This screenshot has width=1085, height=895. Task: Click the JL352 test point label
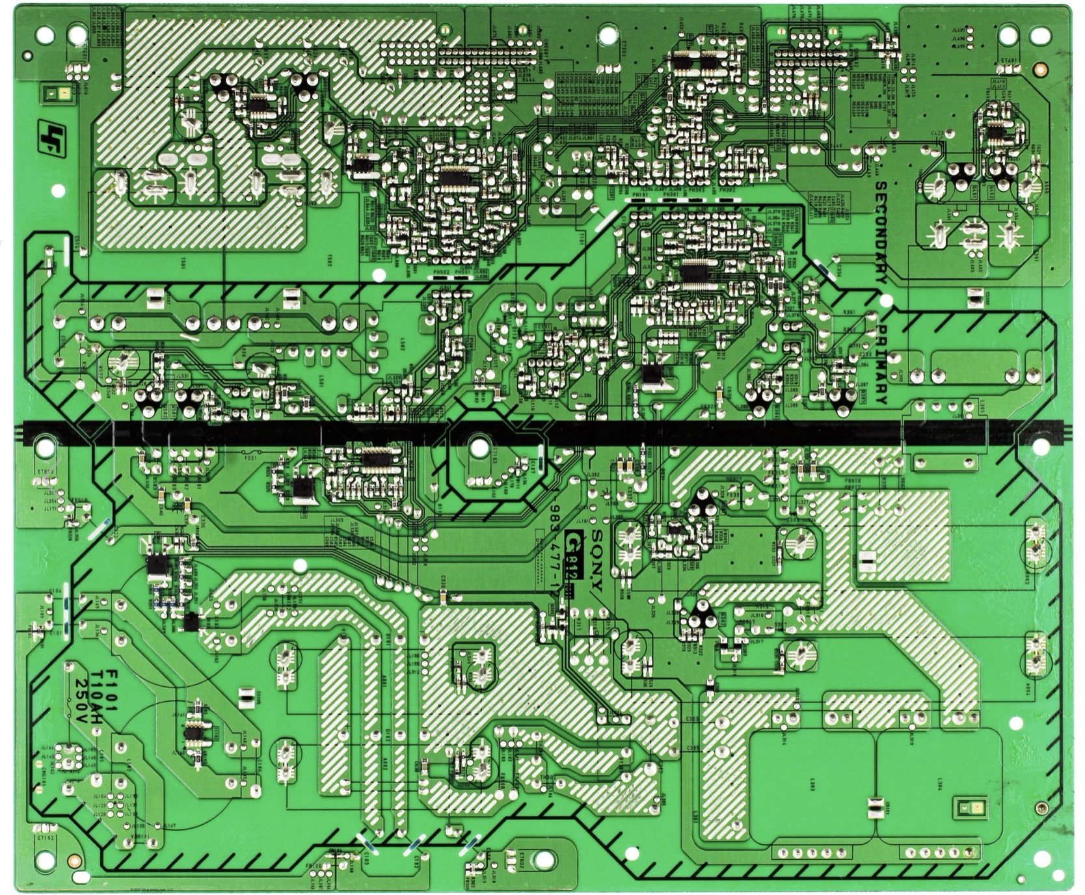tap(593, 475)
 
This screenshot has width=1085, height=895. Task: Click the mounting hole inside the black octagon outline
tap(478, 447)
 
